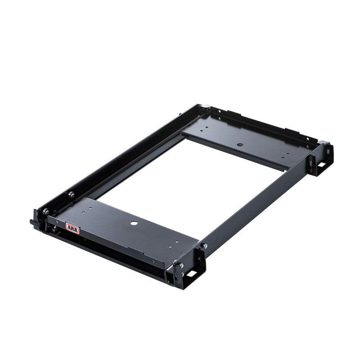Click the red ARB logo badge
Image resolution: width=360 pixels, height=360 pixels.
pyautogui.click(x=72, y=228)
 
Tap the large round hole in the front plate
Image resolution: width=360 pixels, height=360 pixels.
pyautogui.click(x=134, y=224)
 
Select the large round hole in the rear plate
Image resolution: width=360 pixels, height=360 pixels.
pyautogui.click(x=240, y=145)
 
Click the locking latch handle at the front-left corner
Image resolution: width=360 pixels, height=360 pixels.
pyautogui.click(x=34, y=222)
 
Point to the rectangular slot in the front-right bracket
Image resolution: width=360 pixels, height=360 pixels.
pyautogui.click(x=191, y=273)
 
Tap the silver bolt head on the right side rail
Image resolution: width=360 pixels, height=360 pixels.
pyautogui.click(x=204, y=246)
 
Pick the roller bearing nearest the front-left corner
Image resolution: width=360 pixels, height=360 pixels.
pyautogui.click(x=45, y=211)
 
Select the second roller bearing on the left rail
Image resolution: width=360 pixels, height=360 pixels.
pyautogui.click(x=71, y=195)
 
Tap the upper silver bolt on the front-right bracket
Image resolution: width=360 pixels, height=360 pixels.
pyautogui.click(x=180, y=266)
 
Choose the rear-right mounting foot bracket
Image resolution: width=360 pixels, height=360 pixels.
pyautogui.click(x=320, y=157)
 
